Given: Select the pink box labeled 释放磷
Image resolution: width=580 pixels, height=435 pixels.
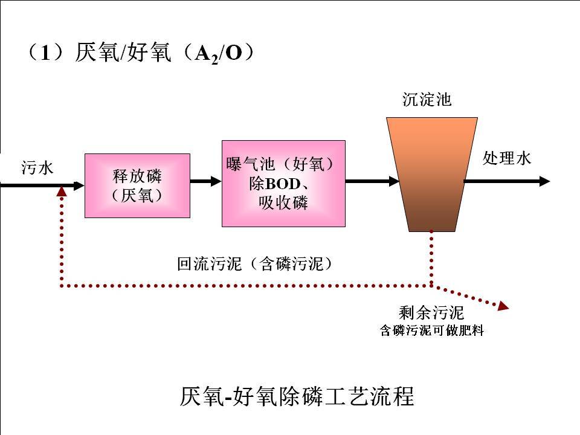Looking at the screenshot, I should [137, 185].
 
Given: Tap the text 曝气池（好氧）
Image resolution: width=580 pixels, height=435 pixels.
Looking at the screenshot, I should [280, 164].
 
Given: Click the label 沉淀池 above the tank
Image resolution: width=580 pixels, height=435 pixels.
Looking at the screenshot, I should [427, 100].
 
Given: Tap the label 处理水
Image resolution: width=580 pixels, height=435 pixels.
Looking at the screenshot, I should [507, 158].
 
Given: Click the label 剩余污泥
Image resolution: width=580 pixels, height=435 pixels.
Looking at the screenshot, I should [431, 313].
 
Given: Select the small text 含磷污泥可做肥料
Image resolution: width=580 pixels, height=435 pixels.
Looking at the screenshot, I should [431, 331].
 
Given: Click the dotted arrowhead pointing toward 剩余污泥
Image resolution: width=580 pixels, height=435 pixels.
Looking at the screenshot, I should [503, 307].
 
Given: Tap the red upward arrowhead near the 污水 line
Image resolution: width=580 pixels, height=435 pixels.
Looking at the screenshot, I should [61, 191].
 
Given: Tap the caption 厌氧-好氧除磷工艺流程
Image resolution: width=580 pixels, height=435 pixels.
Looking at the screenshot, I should [297, 396].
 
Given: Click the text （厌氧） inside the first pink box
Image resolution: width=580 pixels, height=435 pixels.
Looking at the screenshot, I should [137, 195].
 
